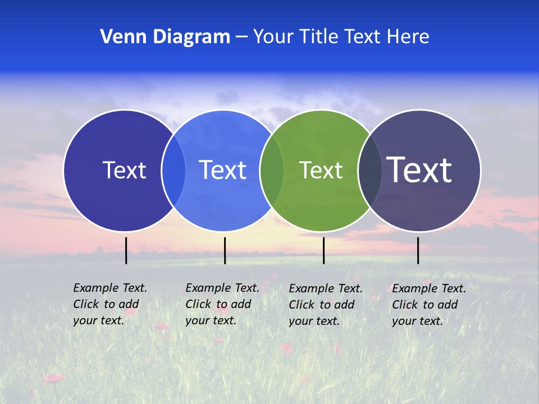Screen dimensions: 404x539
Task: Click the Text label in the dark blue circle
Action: pyautogui.click(x=124, y=170)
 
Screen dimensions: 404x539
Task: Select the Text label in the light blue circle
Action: pyautogui.click(x=223, y=170)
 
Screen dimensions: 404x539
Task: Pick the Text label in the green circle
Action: pyautogui.click(x=321, y=170)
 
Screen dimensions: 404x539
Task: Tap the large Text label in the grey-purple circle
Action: pyautogui.click(x=419, y=170)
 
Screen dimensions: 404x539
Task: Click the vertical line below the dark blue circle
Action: pyautogui.click(x=126, y=250)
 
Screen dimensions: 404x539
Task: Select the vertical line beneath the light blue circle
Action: pyautogui.click(x=225, y=250)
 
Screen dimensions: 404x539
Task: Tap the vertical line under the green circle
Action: pyautogui.click(x=323, y=250)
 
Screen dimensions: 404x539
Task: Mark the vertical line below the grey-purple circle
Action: pyautogui.click(x=418, y=250)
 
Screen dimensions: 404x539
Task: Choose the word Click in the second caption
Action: pyautogui.click(x=198, y=304)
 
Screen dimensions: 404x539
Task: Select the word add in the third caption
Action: pyautogui.click(x=344, y=305)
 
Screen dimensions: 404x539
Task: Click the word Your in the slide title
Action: pyautogui.click(x=272, y=37)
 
